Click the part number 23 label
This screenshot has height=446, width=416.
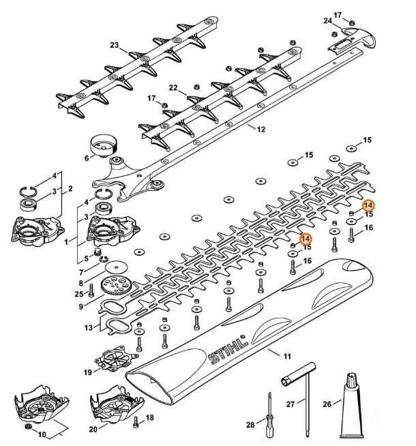click(115, 46)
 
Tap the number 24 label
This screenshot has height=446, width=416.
click(328, 21)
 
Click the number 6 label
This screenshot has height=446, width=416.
click(87, 158)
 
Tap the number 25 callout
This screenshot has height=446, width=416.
click(78, 294)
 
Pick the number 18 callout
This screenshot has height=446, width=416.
click(150, 418)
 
